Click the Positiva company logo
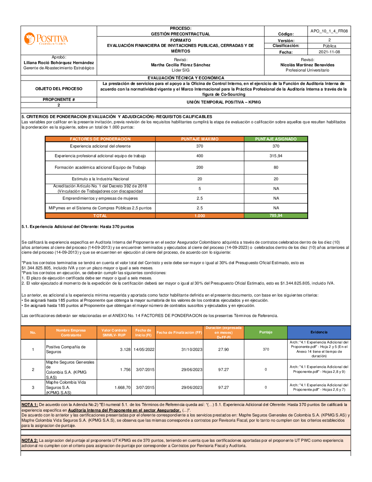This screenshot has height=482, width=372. point(46,39)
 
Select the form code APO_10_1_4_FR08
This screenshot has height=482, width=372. point(329,31)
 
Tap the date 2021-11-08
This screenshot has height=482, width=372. point(329,52)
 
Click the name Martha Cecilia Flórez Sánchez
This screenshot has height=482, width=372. point(180,65)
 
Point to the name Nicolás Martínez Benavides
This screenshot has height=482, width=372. point(307,65)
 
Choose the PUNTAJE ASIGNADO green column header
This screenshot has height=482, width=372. point(276,139)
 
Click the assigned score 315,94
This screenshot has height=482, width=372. point(276,156)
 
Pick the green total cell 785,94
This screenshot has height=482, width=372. point(276,216)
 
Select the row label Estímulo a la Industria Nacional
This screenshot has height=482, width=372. point(100,179)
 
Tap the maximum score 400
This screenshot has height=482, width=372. point(200,156)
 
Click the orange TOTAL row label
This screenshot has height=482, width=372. point(100,216)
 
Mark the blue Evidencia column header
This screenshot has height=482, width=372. point(319,332)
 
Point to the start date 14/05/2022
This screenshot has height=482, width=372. point(144,349)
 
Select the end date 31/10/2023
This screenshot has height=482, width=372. point(192,349)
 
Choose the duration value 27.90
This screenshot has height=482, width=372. point(224,349)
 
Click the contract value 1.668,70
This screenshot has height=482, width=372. point(122,387)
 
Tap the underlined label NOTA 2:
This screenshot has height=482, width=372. point(30,440)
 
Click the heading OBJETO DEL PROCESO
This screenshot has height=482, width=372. point(59,89)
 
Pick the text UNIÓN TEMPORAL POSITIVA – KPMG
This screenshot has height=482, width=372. point(224,102)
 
